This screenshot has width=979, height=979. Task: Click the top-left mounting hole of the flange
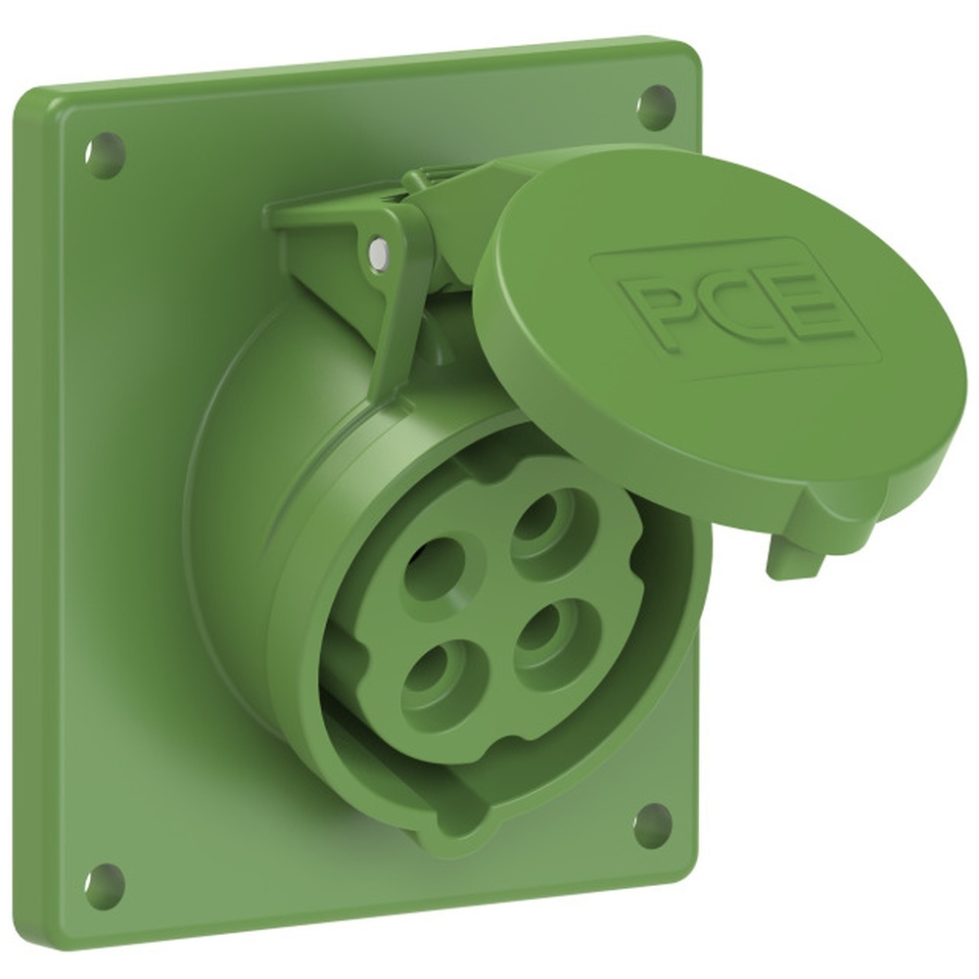click(104, 154)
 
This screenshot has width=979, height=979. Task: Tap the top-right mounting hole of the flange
click(656, 106)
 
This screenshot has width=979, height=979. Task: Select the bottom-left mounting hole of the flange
click(103, 885)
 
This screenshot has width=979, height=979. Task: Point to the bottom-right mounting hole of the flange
click(652, 825)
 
